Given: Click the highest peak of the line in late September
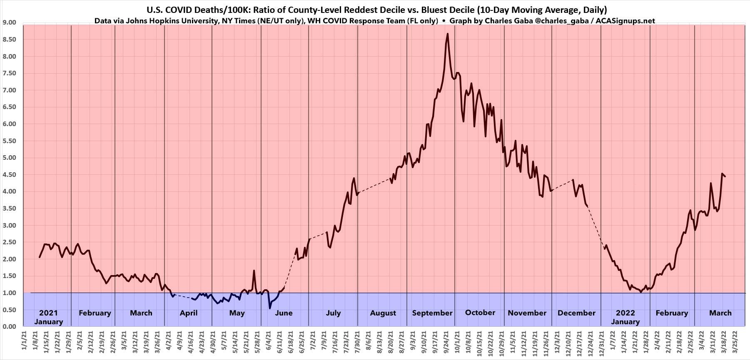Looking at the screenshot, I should tap(447, 34).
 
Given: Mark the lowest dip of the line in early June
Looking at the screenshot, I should tap(269, 308).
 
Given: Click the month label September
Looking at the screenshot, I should tap(432, 313).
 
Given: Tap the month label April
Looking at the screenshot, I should tap(188, 313).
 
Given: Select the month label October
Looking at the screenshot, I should tap(480, 313).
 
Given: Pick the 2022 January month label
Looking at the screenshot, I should tap(625, 317).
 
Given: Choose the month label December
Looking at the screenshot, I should tap(576, 313).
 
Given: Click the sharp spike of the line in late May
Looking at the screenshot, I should tap(254, 271).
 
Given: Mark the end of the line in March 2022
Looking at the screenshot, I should tap(725, 176).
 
